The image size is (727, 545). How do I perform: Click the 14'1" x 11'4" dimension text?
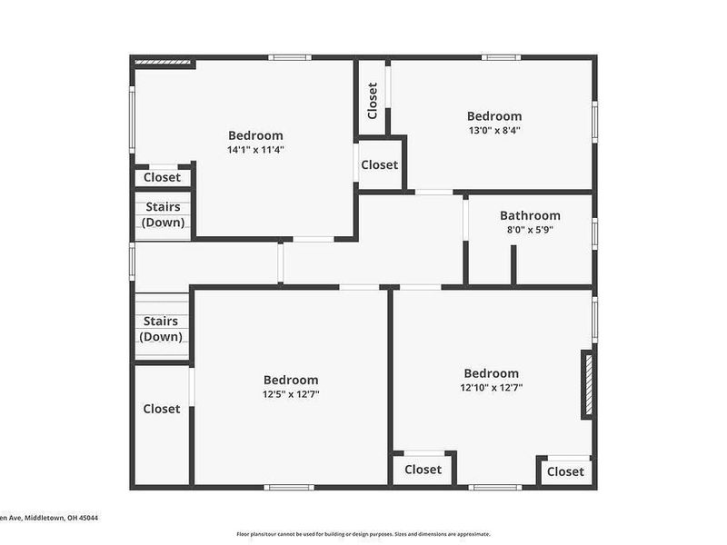pyautogui.click(x=255, y=150)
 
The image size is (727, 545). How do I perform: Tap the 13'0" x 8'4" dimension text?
pyautogui.click(x=494, y=130)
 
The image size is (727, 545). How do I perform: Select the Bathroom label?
pyautogui.click(x=530, y=216)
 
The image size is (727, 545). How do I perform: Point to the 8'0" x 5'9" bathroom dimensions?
pyautogui.click(x=530, y=230)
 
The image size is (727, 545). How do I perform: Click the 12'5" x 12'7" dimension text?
pyautogui.click(x=291, y=394)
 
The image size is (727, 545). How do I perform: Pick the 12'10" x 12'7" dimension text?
pyautogui.click(x=491, y=388)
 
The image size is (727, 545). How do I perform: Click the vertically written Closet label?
pyautogui.click(x=373, y=101)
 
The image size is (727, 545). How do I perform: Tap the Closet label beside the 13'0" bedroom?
pyautogui.click(x=379, y=165)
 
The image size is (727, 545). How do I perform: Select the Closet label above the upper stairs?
pyautogui.click(x=162, y=177)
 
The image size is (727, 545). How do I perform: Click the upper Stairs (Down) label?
pyautogui.click(x=163, y=215)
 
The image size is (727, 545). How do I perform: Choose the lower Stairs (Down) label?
pyautogui.click(x=162, y=329)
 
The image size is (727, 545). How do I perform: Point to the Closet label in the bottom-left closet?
pyautogui.click(x=162, y=409)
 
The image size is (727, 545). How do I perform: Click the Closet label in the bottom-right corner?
pyautogui.click(x=565, y=471)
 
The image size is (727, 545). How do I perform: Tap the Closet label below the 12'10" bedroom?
pyautogui.click(x=423, y=470)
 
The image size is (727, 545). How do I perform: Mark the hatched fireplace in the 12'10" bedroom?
pyautogui.click(x=588, y=384)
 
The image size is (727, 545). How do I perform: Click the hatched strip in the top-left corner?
pyautogui.click(x=164, y=63)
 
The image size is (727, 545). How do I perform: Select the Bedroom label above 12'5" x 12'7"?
pyautogui.click(x=291, y=380)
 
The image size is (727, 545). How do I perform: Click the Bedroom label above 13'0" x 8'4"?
pyautogui.click(x=494, y=116)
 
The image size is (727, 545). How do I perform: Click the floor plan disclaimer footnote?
pyautogui.click(x=363, y=534)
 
